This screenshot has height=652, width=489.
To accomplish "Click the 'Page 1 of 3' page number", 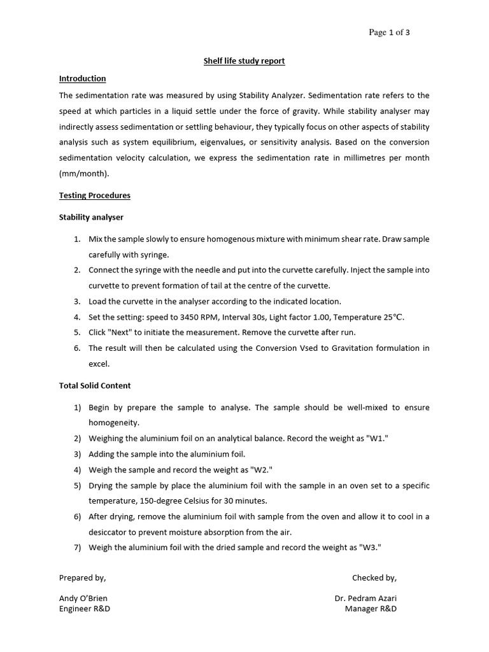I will pyautogui.click(x=390, y=33).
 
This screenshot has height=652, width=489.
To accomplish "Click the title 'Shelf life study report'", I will pyautogui.click(x=244, y=61).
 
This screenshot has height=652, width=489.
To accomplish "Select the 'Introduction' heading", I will pyautogui.click(x=82, y=78).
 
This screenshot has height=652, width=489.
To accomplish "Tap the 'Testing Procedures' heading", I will pyautogui.click(x=95, y=195).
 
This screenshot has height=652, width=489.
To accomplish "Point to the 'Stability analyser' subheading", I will pyautogui.click(x=91, y=217).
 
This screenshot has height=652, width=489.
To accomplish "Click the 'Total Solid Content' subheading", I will pyautogui.click(x=95, y=385).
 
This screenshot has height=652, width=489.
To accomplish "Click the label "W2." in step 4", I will pyautogui.click(x=259, y=470).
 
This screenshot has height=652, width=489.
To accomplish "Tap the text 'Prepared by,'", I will pyautogui.click(x=83, y=578).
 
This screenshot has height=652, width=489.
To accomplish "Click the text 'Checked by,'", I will pyautogui.click(x=374, y=578).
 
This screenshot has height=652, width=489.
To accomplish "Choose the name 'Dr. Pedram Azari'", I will pyautogui.click(x=365, y=599).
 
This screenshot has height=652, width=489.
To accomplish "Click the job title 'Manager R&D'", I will pyautogui.click(x=371, y=609).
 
